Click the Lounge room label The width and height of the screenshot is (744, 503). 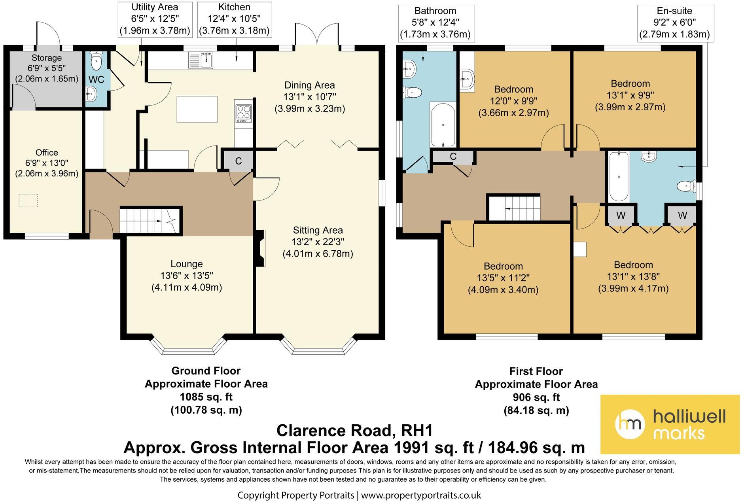(x=186, y=264)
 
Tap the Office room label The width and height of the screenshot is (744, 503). (x=47, y=153)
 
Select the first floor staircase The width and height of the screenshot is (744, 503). (x=513, y=207)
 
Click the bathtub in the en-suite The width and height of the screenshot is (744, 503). (x=618, y=176)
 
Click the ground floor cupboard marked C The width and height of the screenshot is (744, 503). (x=239, y=161)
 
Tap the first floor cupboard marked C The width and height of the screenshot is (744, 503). (x=453, y=157)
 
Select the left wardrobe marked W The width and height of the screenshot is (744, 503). (x=621, y=215)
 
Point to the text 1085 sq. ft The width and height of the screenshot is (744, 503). (x=206, y=397)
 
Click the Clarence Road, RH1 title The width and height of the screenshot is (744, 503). (x=354, y=430)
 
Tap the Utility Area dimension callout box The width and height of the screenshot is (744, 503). (x=155, y=19)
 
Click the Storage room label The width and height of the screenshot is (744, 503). (x=47, y=58)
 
